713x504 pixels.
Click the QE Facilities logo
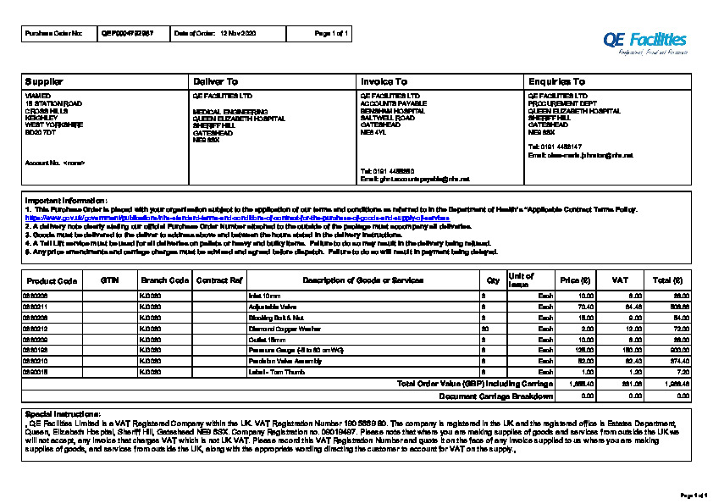644,41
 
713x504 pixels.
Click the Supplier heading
44,81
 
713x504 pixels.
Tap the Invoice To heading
384,81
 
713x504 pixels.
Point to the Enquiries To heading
556,81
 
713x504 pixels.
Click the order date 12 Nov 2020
237,33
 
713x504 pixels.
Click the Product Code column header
52,280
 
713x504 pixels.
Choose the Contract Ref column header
219,280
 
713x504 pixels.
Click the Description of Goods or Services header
362,280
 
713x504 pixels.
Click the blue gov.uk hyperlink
237,219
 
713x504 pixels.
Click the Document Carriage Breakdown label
496,396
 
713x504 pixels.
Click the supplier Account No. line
55,162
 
